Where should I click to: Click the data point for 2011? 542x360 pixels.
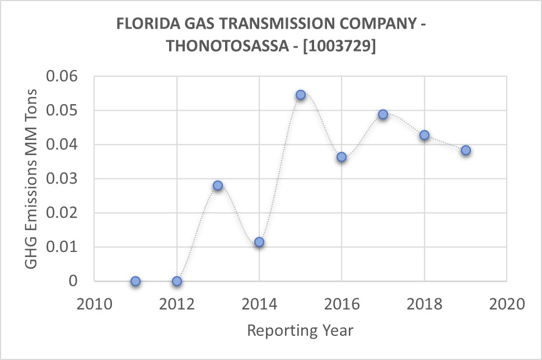coord(135,281)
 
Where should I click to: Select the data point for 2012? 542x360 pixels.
coord(177,281)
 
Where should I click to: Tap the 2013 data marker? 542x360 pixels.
coord(218,185)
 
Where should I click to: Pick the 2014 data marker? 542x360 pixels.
coord(259,242)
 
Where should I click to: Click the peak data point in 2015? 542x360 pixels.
coord(301,95)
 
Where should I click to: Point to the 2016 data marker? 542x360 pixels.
coord(342,157)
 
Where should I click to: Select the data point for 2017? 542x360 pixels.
coord(383,114)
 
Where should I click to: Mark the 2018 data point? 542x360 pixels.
coord(424,135)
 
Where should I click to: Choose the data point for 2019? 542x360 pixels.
coord(466,150)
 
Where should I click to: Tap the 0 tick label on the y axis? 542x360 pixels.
coord(73,281)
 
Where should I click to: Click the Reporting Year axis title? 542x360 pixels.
coord(300,330)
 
